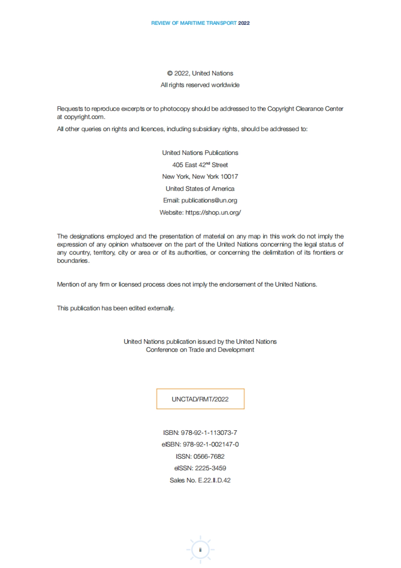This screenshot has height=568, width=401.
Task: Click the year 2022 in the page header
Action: pos(244,23)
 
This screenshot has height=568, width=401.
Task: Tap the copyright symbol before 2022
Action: pos(170,73)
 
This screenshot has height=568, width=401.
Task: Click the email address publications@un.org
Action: pos(209,200)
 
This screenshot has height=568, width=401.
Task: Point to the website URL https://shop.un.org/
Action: pos(213,212)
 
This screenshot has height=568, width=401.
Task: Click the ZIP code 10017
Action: pos(229,177)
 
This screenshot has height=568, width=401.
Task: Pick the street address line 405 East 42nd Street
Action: pos(200,165)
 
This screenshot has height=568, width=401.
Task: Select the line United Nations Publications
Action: pos(200,153)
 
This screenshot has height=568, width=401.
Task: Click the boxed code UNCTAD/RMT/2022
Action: pos(200,399)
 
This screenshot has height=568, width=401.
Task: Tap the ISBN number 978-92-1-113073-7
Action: pos(209,433)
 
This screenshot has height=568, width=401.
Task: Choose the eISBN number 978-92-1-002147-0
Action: pos(211,445)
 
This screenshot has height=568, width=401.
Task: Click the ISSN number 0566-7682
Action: pos(209,457)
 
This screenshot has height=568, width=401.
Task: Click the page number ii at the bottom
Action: pos(200,550)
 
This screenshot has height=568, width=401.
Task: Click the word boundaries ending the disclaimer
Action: pos(73,261)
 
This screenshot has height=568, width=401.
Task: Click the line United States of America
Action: pos(200,189)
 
